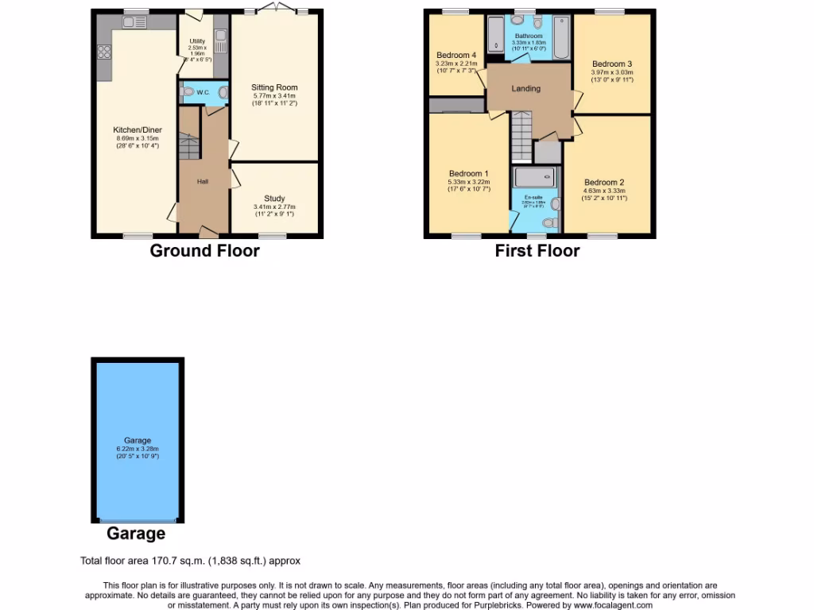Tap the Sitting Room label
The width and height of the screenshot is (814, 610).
[274, 87]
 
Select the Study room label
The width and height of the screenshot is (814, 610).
[274, 199]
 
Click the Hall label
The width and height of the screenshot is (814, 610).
[203, 182]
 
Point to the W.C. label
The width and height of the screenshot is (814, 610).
[203, 93]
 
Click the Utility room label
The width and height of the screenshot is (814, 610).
[197, 41]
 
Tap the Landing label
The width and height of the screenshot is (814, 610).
[525, 88]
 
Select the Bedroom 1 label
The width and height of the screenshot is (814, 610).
[468, 174]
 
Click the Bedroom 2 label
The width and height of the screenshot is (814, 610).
[604, 182]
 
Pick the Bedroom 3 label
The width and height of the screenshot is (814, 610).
[611, 64]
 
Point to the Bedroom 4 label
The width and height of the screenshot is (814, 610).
[455, 55]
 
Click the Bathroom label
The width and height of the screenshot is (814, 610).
[529, 37]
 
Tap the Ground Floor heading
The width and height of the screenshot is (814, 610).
[205, 251]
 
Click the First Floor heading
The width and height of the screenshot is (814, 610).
[537, 251]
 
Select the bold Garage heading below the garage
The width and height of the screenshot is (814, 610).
[137, 534]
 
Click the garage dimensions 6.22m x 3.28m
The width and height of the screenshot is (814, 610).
[138, 449]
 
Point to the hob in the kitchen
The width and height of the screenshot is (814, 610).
[104, 53]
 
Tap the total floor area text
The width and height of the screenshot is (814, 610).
[191, 561]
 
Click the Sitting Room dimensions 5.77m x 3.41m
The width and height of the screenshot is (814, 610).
[274, 96]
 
